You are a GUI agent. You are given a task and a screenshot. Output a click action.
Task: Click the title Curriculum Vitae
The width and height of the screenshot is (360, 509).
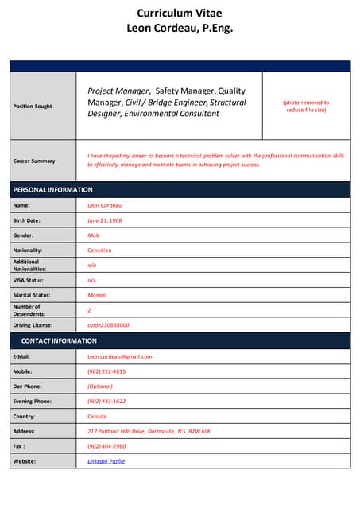click(x=180, y=13)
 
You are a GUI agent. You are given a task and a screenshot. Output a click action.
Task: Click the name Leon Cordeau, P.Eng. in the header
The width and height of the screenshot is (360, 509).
click(x=180, y=28)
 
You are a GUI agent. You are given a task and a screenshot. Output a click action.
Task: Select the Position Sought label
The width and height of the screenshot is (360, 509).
click(x=33, y=107)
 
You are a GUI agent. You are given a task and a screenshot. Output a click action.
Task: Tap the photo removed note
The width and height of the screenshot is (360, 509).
click(x=306, y=107)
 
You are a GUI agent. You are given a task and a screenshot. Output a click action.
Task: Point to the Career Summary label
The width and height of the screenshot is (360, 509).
click(x=34, y=161)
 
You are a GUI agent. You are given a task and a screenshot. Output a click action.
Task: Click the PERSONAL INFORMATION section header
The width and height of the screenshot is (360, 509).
click(x=53, y=190)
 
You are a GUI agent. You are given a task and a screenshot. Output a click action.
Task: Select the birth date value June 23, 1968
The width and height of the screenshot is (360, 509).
click(x=105, y=220)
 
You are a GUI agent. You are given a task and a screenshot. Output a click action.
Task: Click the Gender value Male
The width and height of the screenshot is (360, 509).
click(x=94, y=235)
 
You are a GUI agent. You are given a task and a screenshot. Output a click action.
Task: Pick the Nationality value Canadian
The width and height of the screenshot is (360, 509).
click(x=99, y=251)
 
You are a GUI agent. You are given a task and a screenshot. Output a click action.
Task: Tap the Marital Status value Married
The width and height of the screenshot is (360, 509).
click(x=97, y=295)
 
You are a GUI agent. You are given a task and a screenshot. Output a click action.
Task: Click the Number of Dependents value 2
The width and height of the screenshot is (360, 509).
click(x=89, y=310)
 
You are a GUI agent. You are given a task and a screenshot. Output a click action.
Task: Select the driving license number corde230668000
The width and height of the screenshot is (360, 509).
click(x=108, y=325)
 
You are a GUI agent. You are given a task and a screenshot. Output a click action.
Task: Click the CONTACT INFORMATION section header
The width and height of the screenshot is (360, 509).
click(x=59, y=341)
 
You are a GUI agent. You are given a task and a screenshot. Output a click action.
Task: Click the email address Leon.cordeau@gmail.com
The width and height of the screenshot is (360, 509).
click(x=119, y=356)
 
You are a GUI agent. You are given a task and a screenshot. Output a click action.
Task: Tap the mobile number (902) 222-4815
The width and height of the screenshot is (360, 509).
click(x=106, y=371)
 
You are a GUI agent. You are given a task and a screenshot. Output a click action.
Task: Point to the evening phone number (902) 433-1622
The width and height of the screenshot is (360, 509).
click(x=106, y=402)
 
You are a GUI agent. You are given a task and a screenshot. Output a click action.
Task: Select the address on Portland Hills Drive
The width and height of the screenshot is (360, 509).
click(x=149, y=431)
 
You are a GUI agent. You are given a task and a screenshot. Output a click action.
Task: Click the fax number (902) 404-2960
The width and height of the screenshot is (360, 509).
click(x=106, y=446)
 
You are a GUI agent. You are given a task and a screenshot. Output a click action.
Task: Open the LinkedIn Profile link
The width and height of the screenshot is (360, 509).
click(x=106, y=461)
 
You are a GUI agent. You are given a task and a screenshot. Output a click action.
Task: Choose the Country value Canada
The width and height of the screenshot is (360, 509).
click(x=97, y=417)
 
